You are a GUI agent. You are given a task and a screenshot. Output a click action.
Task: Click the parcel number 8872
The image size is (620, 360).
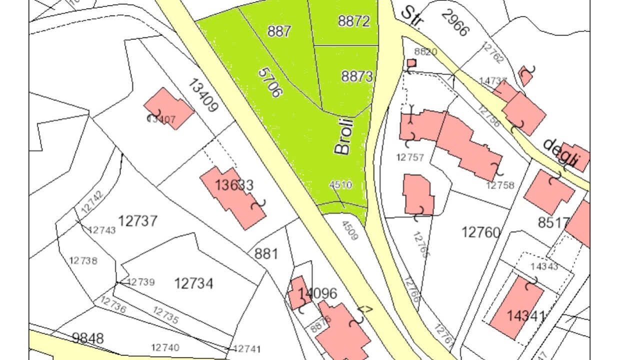353,21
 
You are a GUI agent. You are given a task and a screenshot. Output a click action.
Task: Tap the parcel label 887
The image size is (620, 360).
279,31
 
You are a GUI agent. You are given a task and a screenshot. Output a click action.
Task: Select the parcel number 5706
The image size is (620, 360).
270,82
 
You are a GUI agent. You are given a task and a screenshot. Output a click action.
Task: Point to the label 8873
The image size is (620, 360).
357,76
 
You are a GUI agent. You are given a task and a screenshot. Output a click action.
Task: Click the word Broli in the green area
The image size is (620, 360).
344,136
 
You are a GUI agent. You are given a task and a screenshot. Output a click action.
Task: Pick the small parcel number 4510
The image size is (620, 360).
340,185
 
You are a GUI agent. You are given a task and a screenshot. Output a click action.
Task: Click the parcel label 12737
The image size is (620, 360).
138,220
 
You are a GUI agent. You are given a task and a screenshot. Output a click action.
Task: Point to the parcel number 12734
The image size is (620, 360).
193,283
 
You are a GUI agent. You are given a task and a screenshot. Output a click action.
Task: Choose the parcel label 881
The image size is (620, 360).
266,253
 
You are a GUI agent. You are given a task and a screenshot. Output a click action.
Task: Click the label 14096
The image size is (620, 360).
317,293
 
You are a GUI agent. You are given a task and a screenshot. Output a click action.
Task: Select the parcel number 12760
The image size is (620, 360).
480,232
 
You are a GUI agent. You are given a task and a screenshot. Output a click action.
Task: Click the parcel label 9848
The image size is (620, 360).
88,338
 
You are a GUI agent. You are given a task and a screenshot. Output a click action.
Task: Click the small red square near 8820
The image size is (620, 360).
411,63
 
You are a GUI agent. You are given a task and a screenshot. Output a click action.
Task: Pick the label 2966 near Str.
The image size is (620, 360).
455,22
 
